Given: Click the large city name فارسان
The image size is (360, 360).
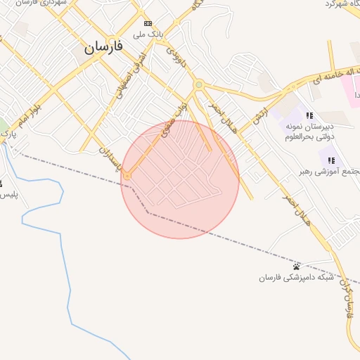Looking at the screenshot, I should click(103, 47).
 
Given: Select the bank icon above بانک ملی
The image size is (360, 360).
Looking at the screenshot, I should click(148, 22).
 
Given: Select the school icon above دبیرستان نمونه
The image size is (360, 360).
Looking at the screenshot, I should click(309, 116).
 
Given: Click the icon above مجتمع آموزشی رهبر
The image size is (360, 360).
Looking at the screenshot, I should click(330, 160).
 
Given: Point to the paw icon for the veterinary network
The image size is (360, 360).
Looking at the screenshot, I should click(297, 266).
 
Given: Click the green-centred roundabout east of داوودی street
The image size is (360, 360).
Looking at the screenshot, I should click(199, 84).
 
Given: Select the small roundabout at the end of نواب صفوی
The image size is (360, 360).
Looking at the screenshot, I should click(127, 174).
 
